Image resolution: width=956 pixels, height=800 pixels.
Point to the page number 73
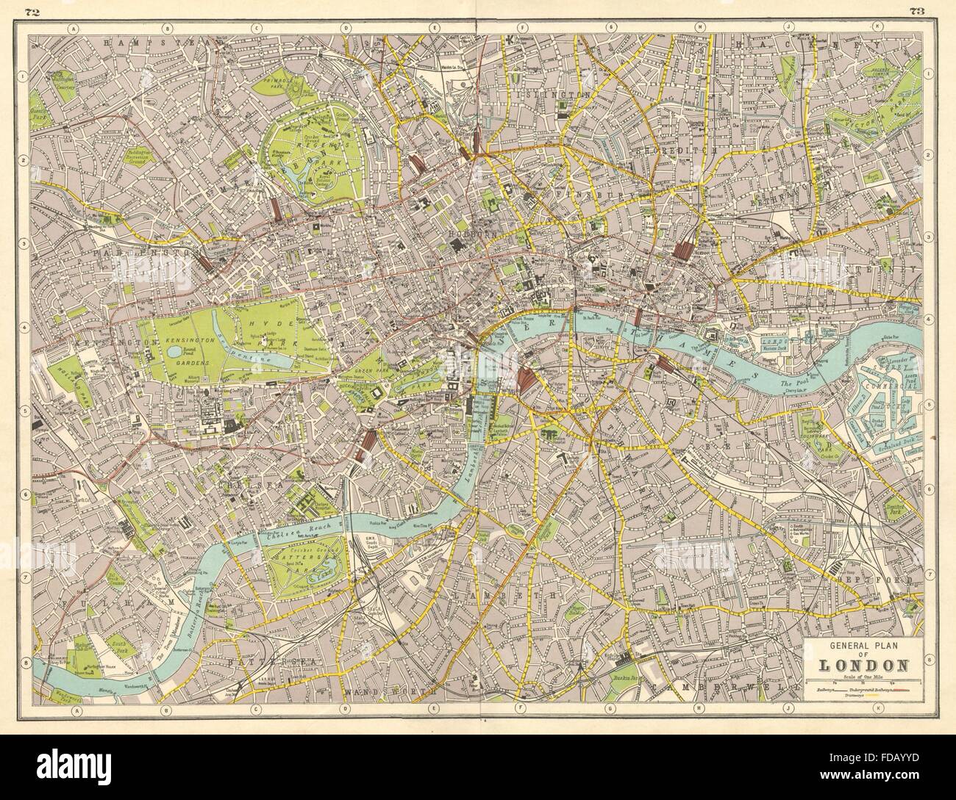(916, 11)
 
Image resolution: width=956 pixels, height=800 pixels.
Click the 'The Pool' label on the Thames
(793, 385)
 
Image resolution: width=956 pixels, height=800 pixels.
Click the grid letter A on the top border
(73, 29)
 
